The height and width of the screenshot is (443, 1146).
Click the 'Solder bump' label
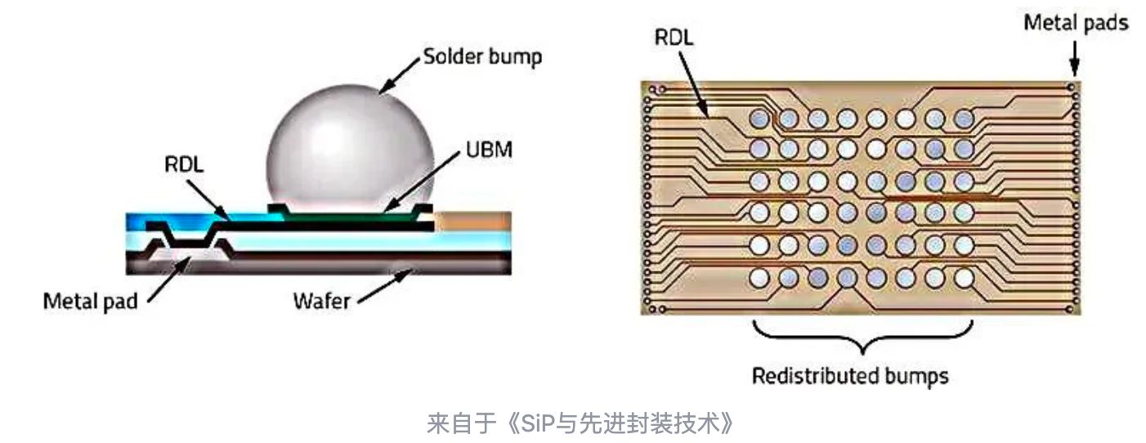point(481,58)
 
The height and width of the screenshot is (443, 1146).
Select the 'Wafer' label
point(321,301)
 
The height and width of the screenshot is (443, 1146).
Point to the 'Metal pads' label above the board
point(1076,22)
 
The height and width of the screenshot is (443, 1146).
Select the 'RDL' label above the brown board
point(674,38)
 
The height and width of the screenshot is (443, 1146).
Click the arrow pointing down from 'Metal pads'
point(1075,58)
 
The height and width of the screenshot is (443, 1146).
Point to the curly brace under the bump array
point(862,335)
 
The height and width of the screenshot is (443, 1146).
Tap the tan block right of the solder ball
point(474,220)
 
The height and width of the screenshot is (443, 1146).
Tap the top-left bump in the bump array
point(759,119)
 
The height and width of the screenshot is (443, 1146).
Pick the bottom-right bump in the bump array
point(964,278)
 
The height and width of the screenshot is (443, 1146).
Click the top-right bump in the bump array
point(964,119)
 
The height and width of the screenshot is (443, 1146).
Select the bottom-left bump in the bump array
point(759,278)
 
